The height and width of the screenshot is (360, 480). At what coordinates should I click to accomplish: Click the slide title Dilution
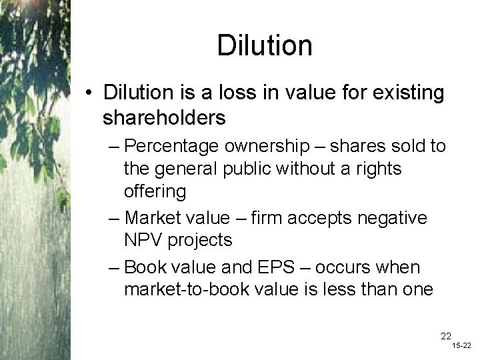264,45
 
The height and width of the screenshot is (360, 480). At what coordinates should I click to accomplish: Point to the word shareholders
164,118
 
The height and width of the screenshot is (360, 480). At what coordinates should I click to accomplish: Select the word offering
154,192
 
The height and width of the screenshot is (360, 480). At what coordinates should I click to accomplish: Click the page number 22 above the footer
446,336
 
